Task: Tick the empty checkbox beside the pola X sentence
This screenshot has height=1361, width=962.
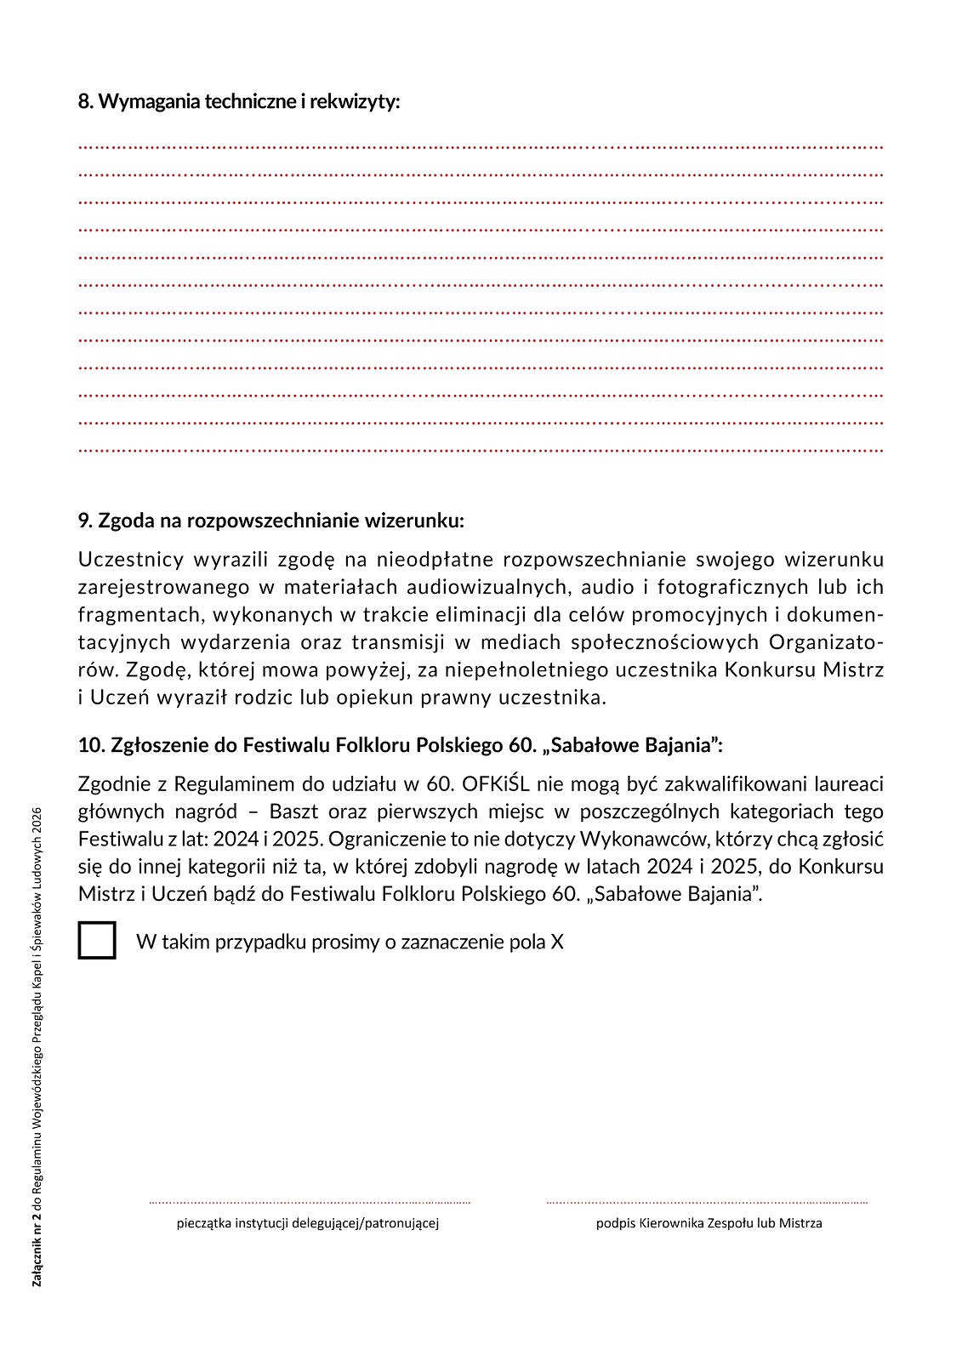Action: (97, 941)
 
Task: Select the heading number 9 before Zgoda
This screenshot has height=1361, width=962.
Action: (83, 520)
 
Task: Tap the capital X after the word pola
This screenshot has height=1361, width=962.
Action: (556, 942)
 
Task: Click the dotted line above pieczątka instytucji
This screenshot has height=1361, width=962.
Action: (310, 1203)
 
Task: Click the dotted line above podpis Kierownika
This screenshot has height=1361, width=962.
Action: (707, 1203)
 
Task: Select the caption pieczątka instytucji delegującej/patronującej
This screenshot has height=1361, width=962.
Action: (308, 1224)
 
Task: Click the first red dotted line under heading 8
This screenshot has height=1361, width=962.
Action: (481, 147)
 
